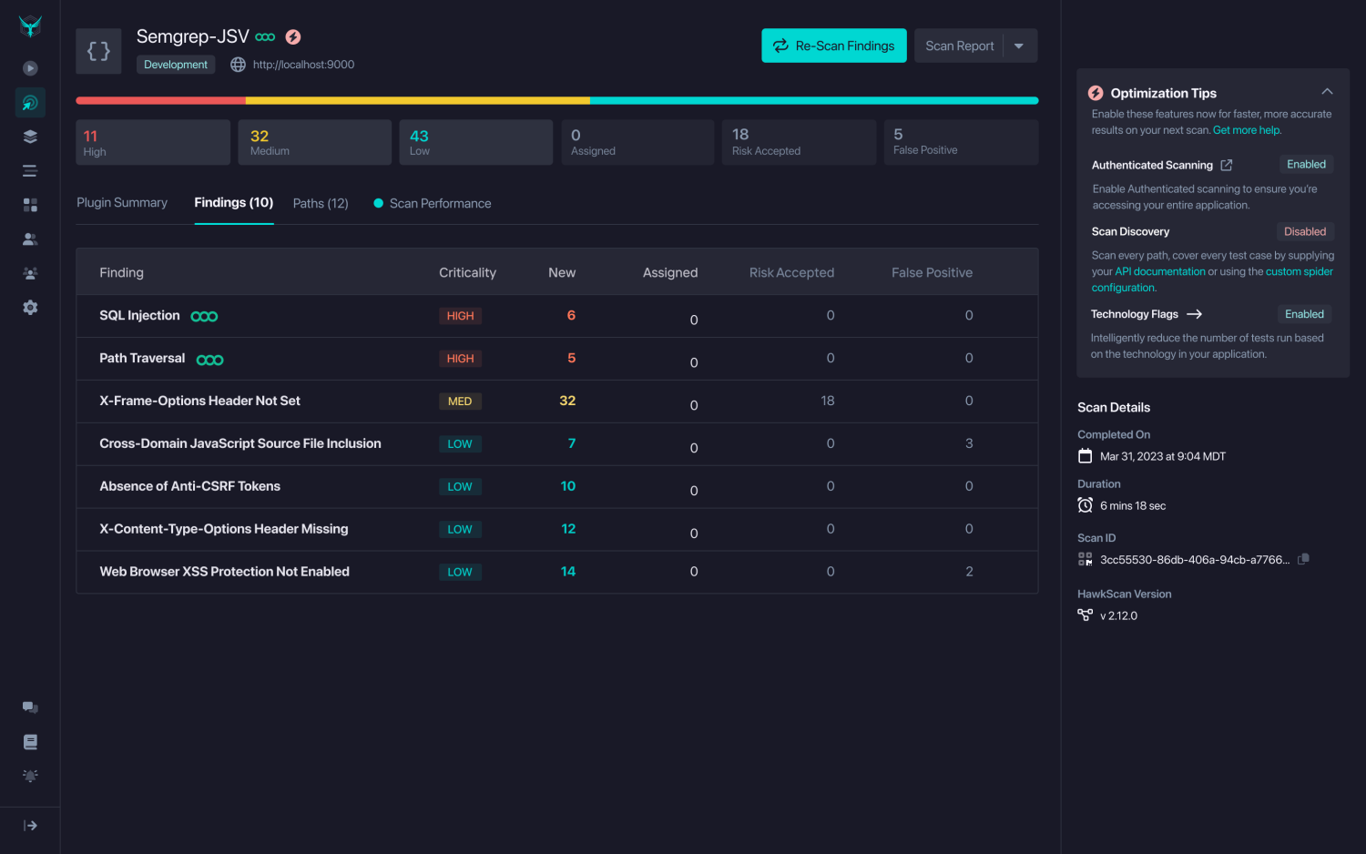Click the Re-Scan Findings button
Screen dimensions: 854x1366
click(833, 46)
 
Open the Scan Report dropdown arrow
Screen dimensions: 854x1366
click(1019, 46)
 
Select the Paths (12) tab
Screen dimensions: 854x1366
click(321, 203)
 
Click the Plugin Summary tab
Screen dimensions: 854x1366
click(122, 202)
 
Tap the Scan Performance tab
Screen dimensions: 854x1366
click(439, 203)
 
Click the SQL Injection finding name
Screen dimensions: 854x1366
click(139, 316)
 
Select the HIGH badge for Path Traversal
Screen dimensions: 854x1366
click(460, 359)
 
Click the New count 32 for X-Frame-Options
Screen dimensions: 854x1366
click(567, 401)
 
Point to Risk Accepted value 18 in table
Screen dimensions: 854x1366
click(828, 401)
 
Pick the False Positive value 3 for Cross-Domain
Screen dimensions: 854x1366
click(969, 443)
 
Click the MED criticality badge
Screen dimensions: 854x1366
click(460, 402)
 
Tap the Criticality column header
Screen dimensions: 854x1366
click(467, 272)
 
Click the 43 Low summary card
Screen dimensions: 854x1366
click(475, 142)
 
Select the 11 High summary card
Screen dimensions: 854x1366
click(152, 142)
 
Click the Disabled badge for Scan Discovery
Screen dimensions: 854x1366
click(1304, 231)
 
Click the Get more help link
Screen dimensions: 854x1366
click(1247, 130)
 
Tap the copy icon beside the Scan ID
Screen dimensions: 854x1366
click(1303, 559)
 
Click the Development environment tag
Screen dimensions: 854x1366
click(176, 65)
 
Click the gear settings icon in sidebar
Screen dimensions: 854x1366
click(30, 308)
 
